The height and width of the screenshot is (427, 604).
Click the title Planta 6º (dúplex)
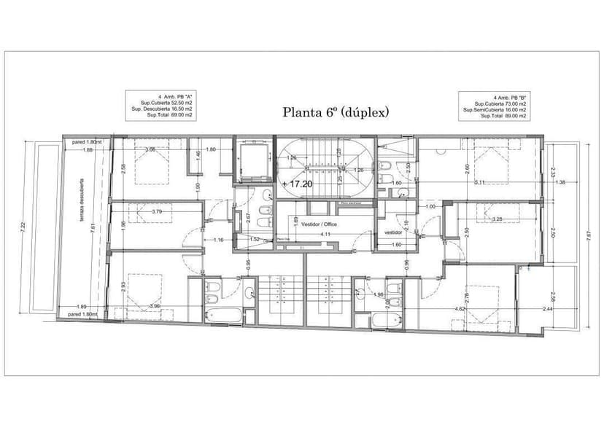pos(336,112)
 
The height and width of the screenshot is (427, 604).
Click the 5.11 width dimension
pos(479,182)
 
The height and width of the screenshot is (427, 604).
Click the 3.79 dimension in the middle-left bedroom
pos(155,212)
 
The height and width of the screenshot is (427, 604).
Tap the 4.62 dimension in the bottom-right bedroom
pos(460,309)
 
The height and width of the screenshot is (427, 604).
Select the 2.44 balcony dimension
pos(548,309)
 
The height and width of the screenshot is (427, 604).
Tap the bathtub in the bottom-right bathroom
pos(384,321)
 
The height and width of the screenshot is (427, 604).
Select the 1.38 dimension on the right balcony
pos(560,182)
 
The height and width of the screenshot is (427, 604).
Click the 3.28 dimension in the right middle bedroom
pos(497,219)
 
